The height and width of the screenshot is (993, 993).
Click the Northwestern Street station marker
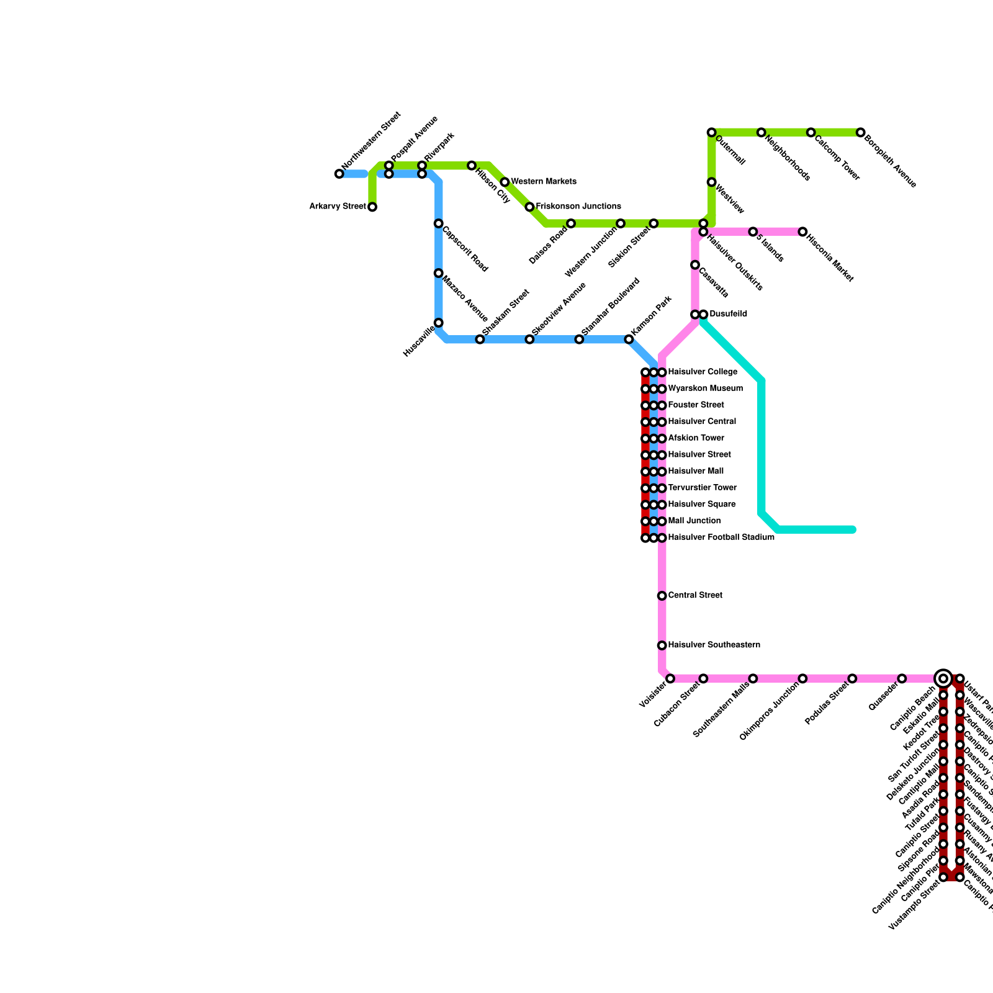click(x=339, y=174)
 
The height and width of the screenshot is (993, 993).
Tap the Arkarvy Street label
click(x=338, y=207)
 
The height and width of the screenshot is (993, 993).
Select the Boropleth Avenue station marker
click(x=860, y=132)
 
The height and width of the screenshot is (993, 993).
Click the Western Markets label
click(x=544, y=182)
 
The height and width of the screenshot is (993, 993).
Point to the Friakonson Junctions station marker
click(x=529, y=207)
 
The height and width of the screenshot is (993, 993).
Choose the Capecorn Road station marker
click(x=438, y=223)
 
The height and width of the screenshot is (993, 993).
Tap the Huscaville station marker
click(x=438, y=323)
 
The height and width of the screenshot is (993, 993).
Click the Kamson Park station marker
click(x=629, y=339)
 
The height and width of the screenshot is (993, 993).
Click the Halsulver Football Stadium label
click(x=721, y=537)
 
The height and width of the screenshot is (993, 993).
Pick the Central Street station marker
click(x=662, y=596)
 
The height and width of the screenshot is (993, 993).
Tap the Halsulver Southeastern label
click(x=714, y=645)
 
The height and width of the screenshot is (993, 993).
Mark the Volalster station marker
click(x=670, y=678)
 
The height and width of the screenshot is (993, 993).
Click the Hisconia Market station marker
click(x=802, y=231)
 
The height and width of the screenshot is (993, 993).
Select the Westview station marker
click(x=711, y=182)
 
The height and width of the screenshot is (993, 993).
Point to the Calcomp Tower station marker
click(x=811, y=132)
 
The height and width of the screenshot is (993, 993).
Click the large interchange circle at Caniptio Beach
click(x=943, y=678)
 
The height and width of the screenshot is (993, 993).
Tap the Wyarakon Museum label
click(x=705, y=389)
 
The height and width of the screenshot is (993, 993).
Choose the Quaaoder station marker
click(x=902, y=678)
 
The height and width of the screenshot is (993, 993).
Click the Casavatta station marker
click(x=695, y=265)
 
